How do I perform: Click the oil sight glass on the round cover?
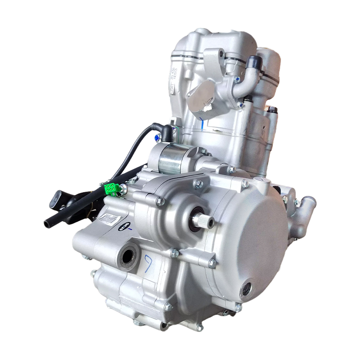(x=246, y=290)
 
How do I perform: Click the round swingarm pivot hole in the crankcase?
(x=128, y=254)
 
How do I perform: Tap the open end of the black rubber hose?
(x=47, y=223)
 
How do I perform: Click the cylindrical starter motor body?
(x=174, y=159)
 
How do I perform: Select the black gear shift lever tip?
(x=56, y=199)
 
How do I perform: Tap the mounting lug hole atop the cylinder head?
(x=220, y=54)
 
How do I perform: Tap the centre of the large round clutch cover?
(x=250, y=237)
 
